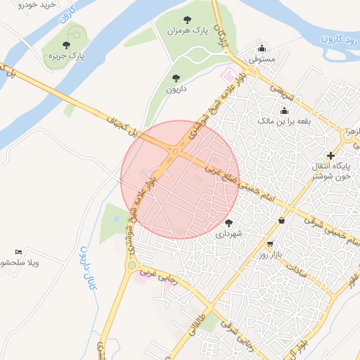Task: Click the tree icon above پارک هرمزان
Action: tap(186, 20)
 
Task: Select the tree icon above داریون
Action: tap(175, 78)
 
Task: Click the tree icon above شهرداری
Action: tap(229, 222)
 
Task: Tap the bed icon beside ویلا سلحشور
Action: tap(19, 252)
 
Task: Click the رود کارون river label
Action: tap(336, 39)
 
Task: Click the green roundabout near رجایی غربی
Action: tap(131, 266)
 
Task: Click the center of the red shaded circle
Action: tap(180, 179)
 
